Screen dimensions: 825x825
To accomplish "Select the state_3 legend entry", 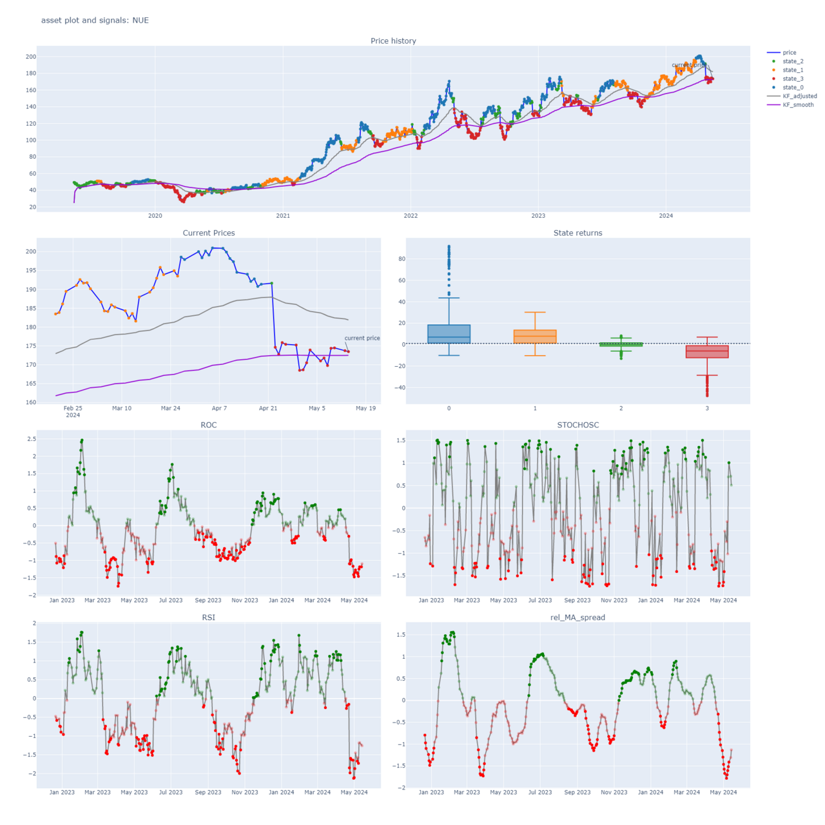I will point(793,79).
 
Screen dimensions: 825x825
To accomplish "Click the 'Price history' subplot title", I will point(393,41).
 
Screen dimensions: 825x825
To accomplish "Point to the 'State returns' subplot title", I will point(577,233).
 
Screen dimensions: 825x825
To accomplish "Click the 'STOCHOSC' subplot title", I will point(577,425).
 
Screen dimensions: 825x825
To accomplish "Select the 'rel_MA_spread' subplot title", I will point(577,617).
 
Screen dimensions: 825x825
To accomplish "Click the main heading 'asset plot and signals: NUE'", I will point(95,20).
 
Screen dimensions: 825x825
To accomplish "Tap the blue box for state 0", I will point(449,334).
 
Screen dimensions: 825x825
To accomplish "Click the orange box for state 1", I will point(535,336).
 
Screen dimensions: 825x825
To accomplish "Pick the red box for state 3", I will point(707,352).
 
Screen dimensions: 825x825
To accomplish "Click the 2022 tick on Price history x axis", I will point(411,216).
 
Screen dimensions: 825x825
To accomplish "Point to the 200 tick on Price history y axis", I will point(31,57).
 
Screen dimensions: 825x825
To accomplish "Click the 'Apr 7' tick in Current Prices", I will point(219,408).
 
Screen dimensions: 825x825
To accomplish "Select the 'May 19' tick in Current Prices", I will point(365,408).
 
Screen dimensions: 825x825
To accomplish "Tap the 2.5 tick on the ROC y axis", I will point(31,439).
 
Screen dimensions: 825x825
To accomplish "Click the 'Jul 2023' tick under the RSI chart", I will point(171,792).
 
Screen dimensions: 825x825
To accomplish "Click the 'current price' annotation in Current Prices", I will point(362,338).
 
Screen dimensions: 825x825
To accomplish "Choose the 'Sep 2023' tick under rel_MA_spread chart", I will point(577,792).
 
